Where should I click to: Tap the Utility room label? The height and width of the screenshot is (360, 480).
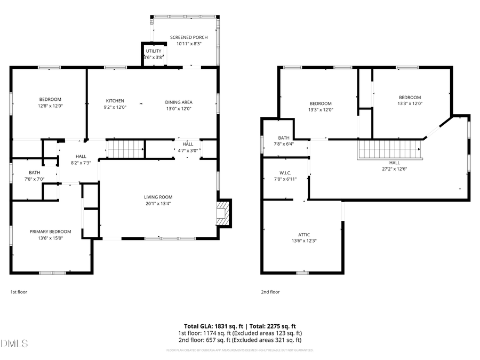click(x=154, y=51)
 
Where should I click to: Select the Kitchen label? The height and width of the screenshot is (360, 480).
click(x=115, y=101)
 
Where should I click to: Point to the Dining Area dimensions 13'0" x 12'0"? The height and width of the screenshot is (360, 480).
click(x=178, y=108)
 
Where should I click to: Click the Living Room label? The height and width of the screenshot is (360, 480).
click(x=158, y=197)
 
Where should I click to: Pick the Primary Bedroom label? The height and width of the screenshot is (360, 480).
click(x=50, y=231)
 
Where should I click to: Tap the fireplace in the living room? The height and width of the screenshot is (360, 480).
click(x=222, y=213)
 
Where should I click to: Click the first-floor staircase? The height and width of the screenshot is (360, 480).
click(x=126, y=149)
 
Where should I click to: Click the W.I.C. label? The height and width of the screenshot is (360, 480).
click(x=284, y=173)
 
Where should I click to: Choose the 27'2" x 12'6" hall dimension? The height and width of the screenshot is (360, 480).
click(x=394, y=169)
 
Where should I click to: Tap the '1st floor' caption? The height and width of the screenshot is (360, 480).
click(x=19, y=292)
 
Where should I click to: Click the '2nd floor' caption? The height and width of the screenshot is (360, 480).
click(x=270, y=292)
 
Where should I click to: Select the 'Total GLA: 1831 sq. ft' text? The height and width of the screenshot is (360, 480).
click(x=212, y=326)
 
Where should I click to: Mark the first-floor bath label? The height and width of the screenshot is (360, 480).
click(x=35, y=173)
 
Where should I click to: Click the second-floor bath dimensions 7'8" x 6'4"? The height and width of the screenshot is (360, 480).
click(x=284, y=144)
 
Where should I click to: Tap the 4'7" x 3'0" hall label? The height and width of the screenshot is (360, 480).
click(x=188, y=150)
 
